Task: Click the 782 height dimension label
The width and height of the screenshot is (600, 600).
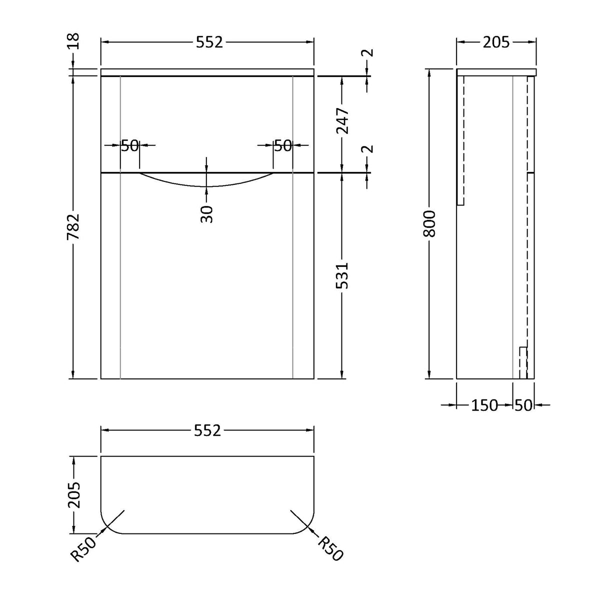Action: click(x=74, y=228)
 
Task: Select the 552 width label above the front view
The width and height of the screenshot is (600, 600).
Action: click(x=208, y=42)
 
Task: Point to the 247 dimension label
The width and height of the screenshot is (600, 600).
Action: click(x=342, y=122)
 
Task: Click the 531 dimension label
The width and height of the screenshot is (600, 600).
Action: click(x=342, y=275)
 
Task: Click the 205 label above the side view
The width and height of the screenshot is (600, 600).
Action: click(x=495, y=42)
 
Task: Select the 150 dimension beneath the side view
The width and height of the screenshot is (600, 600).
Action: click(x=484, y=405)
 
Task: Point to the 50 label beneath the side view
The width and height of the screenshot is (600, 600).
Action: click(x=523, y=405)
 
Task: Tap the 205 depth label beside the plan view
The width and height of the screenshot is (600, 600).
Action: click(x=74, y=495)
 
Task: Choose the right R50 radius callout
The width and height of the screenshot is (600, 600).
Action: click(x=331, y=548)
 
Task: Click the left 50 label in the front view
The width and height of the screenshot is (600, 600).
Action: click(x=130, y=145)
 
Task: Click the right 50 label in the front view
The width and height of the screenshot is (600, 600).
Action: click(x=282, y=145)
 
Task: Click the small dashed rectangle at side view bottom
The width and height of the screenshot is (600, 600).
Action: click(x=523, y=362)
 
